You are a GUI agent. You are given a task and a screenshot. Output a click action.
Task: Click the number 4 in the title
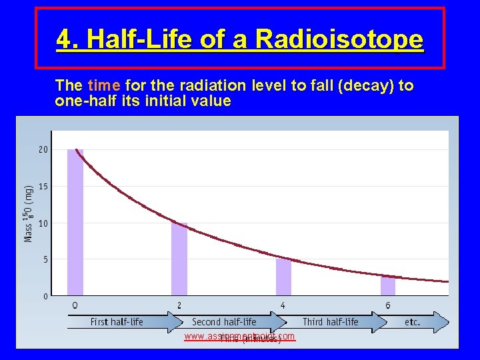click(64, 40)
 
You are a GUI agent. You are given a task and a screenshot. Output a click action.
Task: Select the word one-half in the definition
click(78, 101)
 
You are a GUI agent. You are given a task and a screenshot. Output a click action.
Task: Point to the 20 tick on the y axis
click(43, 150)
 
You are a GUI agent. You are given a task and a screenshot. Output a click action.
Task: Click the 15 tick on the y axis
click(43, 187)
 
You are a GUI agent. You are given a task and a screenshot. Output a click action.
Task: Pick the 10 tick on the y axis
click(43, 223)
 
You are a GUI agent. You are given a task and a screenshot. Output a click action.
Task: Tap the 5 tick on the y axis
click(45, 259)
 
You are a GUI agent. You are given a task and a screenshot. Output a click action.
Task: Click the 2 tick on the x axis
click(179, 305)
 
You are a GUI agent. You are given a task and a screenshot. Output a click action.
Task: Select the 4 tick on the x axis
click(283, 305)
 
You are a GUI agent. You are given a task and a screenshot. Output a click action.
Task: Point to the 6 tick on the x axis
click(388, 305)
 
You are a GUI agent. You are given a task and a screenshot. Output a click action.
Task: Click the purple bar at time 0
click(75, 223)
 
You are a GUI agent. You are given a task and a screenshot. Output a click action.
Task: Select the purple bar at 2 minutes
click(179, 259)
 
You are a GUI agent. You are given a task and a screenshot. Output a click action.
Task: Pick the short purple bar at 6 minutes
click(388, 285)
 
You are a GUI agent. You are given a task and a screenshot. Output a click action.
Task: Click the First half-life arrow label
click(117, 322)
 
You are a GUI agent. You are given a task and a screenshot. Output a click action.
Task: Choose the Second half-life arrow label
click(224, 322)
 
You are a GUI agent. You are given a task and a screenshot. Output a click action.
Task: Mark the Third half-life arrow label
click(330, 322)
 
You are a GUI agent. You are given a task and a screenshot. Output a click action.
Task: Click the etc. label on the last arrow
click(412, 322)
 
